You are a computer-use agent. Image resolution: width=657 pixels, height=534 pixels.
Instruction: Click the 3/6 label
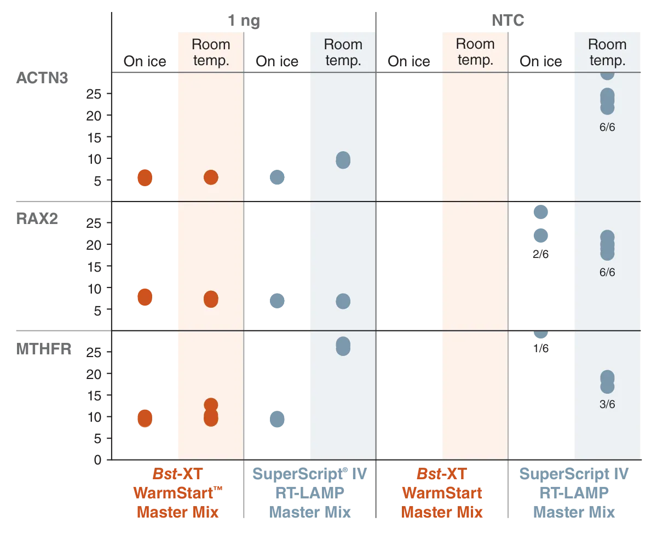point(607,405)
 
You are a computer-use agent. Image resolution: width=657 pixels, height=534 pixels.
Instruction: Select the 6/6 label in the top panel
point(607,128)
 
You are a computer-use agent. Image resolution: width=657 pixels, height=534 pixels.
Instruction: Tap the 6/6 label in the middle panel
point(607,272)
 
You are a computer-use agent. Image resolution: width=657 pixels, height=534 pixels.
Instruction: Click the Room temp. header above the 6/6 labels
point(607,52)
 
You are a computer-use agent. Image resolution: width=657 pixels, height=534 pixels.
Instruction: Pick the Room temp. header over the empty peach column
point(475,52)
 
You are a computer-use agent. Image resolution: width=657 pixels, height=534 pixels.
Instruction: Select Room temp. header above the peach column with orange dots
point(211,52)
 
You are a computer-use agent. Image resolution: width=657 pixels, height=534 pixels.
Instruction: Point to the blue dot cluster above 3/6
point(607,382)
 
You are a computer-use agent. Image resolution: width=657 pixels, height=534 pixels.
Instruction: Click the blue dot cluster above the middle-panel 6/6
point(607,245)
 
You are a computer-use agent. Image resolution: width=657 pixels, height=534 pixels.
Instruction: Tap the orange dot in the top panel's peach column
point(211,177)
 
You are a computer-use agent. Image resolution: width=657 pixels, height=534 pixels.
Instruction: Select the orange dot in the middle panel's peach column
point(211,299)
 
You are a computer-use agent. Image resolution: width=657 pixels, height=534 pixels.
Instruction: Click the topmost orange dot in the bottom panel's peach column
point(211,405)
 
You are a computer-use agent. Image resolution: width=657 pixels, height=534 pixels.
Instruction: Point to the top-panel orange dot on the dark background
point(144,177)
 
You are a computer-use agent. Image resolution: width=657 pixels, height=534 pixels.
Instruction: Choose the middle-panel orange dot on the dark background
point(144,296)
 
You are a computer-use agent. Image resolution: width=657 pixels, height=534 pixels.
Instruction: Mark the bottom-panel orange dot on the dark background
point(144,418)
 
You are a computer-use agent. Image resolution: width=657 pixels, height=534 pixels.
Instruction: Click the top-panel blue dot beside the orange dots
point(276,177)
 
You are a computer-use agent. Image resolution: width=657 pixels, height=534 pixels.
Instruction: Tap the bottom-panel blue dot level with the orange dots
point(276,418)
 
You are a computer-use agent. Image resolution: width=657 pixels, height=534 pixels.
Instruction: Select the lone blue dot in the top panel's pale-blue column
point(343,160)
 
